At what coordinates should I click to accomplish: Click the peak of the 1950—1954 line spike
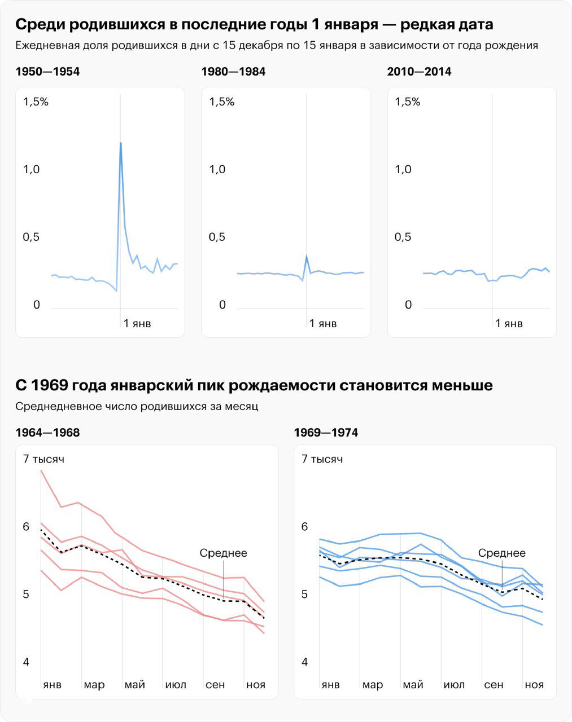tap(120, 143)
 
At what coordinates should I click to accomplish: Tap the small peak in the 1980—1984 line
tap(306, 257)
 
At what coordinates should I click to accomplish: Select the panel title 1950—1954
tap(47, 72)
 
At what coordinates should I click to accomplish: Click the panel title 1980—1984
tap(233, 72)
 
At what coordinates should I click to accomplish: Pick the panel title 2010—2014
tap(419, 72)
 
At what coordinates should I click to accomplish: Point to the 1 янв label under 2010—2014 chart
tap(509, 323)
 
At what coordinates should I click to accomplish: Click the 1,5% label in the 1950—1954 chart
tap(36, 102)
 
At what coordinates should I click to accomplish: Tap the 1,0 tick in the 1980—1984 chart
tap(217, 169)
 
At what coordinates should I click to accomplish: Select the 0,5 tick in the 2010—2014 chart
tap(403, 237)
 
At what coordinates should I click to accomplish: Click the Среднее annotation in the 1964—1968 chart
tap(224, 553)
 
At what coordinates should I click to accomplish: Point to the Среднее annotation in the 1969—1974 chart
tap(502, 553)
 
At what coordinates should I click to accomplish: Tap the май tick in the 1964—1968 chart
tap(134, 685)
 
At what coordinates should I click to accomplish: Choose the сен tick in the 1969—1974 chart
tap(494, 685)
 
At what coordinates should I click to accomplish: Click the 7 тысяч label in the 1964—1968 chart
tap(43, 459)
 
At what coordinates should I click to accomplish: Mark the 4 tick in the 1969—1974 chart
tap(305, 662)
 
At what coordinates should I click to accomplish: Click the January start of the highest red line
tap(41, 470)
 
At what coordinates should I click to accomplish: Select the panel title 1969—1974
tap(326, 433)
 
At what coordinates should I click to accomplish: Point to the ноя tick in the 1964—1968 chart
tap(256, 685)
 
